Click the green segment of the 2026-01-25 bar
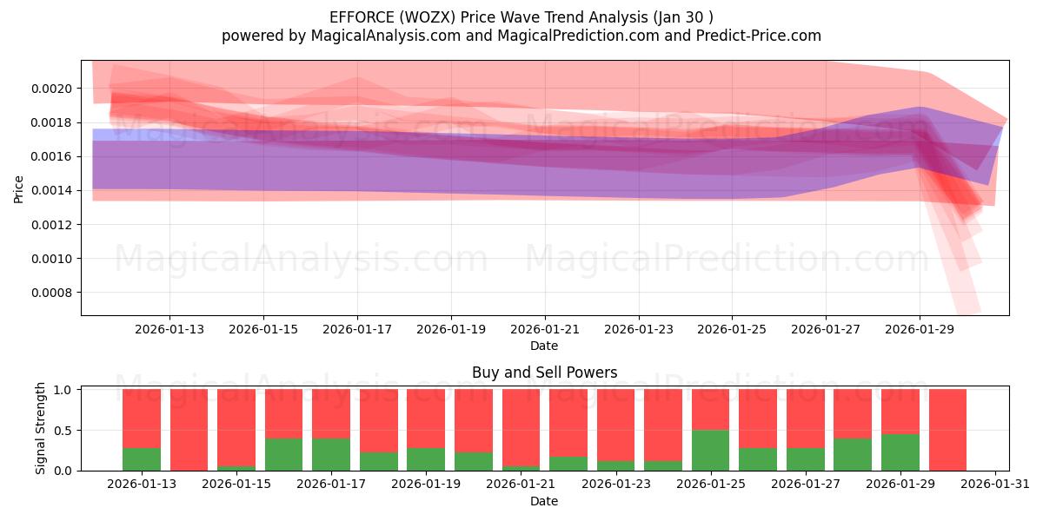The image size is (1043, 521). (x=710, y=450)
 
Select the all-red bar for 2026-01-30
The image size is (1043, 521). (x=947, y=430)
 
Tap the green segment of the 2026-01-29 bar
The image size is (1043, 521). (x=900, y=452)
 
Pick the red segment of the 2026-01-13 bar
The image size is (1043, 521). (x=142, y=418)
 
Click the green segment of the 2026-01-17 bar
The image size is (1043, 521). (x=331, y=454)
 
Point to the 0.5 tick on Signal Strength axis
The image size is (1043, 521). (x=65, y=431)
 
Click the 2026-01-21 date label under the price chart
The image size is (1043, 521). (x=544, y=329)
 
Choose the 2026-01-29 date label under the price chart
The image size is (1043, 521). (x=920, y=329)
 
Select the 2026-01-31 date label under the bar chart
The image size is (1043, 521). (x=994, y=485)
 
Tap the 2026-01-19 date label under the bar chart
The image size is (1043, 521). (x=426, y=485)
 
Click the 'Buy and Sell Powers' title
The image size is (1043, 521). (x=544, y=373)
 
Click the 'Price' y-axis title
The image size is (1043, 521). (x=19, y=188)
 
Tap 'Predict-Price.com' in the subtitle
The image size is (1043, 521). (x=762, y=36)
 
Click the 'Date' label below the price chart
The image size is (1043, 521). (x=544, y=346)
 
